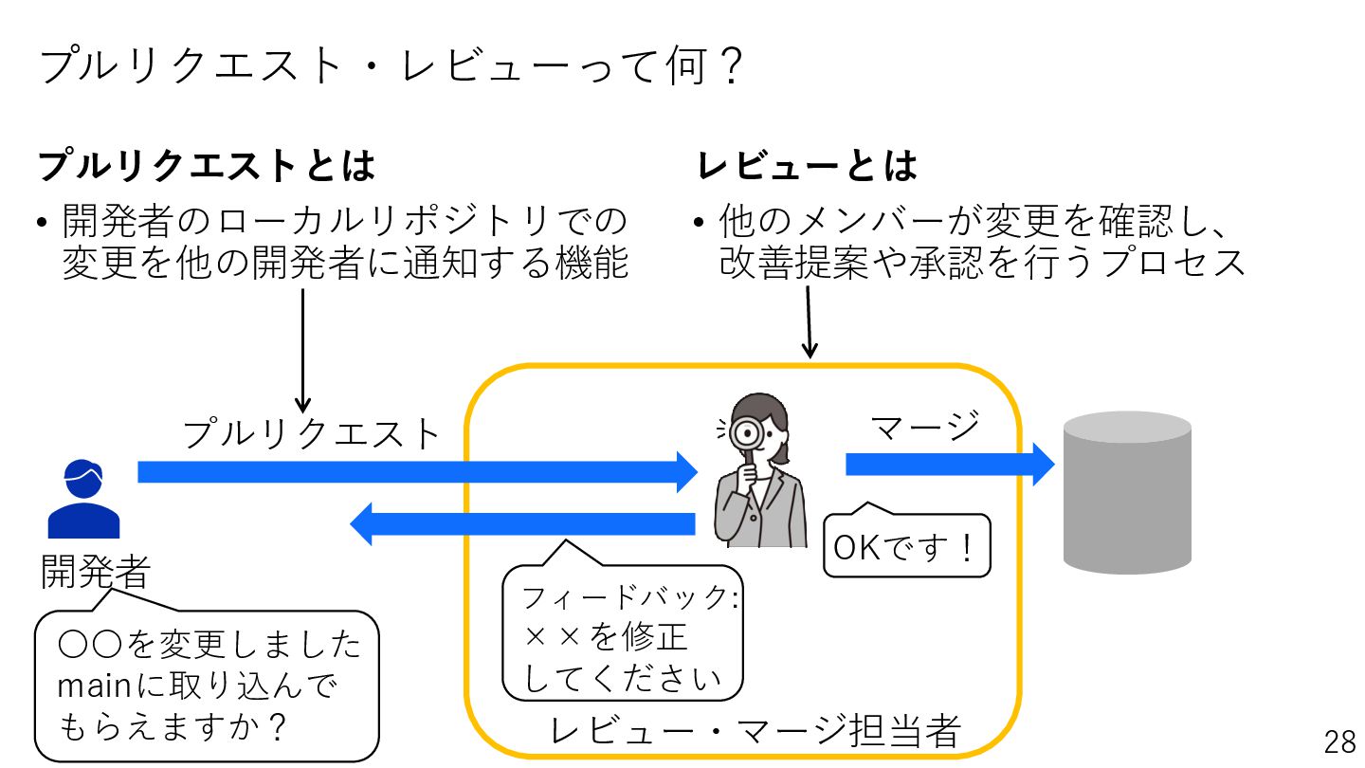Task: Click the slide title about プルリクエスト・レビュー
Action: (390, 68)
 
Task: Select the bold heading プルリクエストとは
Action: (207, 166)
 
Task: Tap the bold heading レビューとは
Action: (807, 166)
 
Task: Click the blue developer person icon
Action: (83, 499)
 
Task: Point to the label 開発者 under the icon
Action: (95, 572)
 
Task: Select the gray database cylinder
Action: (1126, 493)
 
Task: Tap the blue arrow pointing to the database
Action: (949, 465)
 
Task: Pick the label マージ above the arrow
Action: (924, 427)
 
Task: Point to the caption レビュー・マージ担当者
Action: (755, 731)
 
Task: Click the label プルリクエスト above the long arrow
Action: (312, 434)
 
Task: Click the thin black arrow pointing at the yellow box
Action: (809, 322)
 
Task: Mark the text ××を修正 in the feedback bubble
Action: (606, 638)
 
